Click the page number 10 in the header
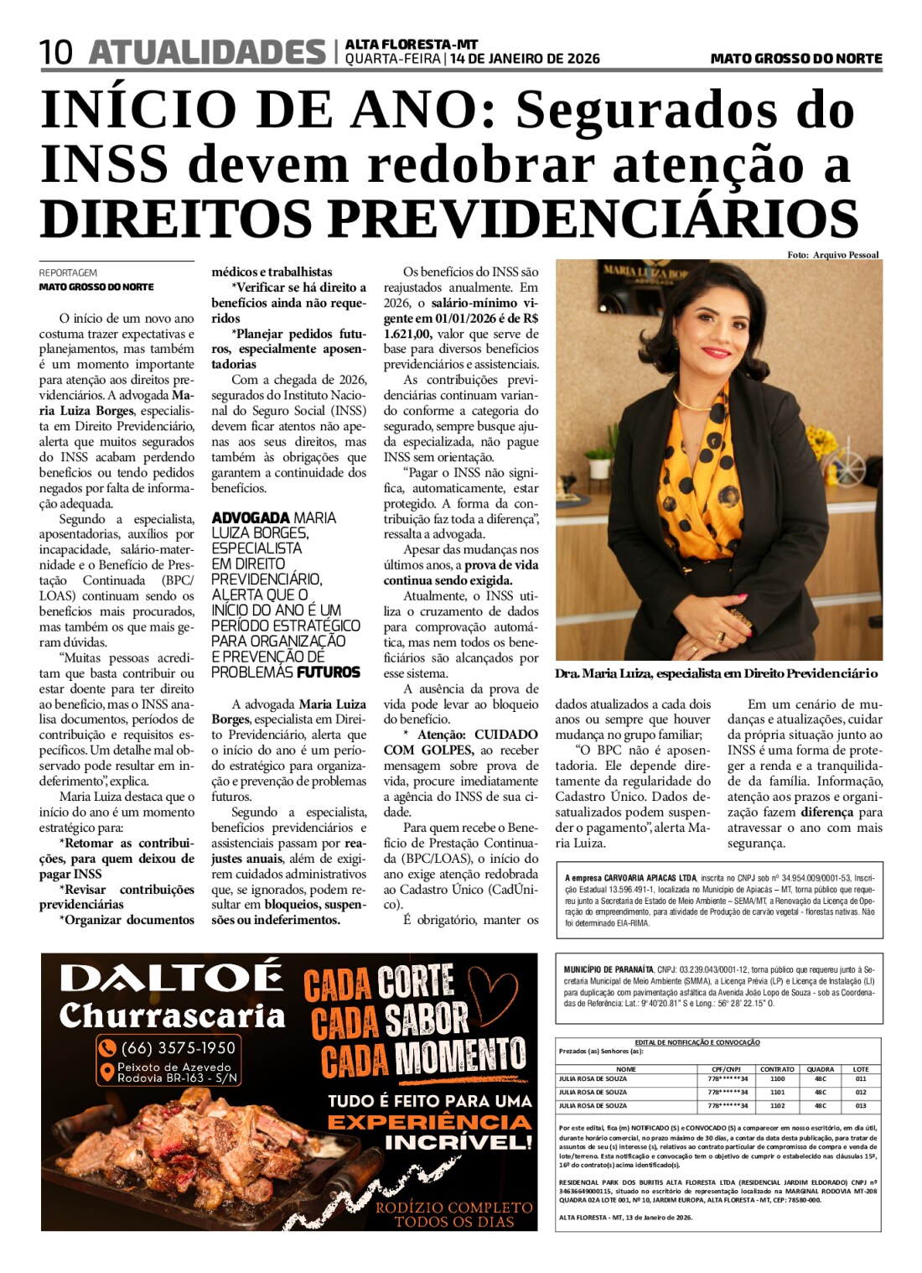pos(57,52)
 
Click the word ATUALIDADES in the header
pos(206,52)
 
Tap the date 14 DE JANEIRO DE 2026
pos(525,59)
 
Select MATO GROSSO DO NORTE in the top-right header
pos(795,59)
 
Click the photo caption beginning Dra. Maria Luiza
pos(716,673)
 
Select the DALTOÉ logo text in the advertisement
pos(171,978)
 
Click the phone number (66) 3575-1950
pos(178,1047)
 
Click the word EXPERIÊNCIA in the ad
pos(429,1122)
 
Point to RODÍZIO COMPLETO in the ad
pos(453,1208)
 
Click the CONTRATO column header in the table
pos(777,1069)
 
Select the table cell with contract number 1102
pos(777,1105)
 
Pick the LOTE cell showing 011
pos(861,1079)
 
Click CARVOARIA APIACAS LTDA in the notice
pos(650,878)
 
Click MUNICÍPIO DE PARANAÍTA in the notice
pos(609,970)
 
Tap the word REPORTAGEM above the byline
pos(68,273)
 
